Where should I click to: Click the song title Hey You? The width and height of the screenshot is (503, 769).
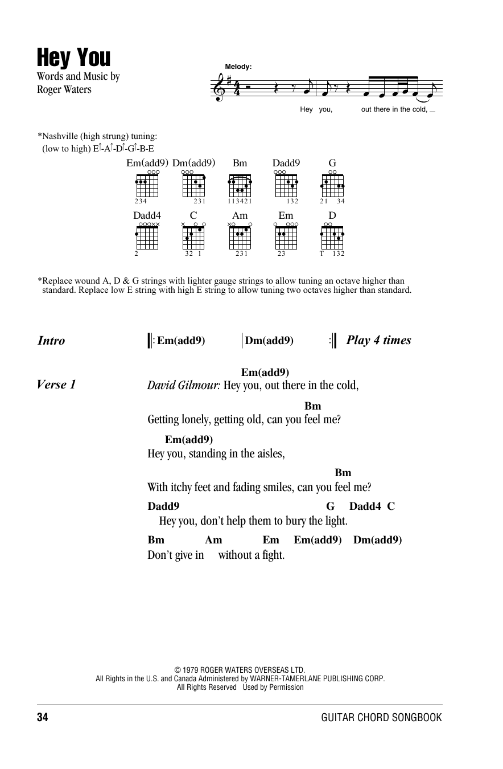click(x=74, y=58)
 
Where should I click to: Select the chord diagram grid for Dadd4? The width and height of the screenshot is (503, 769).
click(x=147, y=238)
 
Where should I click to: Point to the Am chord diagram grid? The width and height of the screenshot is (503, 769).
click(x=240, y=238)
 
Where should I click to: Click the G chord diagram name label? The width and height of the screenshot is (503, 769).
click(x=332, y=163)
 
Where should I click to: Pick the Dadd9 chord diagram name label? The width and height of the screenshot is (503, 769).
click(x=286, y=163)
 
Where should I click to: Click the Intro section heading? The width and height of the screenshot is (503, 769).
click(x=51, y=341)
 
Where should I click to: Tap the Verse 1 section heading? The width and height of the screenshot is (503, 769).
click(x=56, y=384)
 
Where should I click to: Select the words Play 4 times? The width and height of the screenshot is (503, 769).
click(x=378, y=341)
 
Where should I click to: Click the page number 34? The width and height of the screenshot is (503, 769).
click(x=43, y=718)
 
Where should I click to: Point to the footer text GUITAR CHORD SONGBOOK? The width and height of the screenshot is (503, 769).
click(x=381, y=718)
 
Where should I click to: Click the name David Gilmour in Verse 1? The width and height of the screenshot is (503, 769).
click(x=183, y=385)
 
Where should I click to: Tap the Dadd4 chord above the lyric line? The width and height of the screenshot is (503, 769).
click(x=365, y=506)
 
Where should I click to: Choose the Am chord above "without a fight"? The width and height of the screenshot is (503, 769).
click(x=213, y=540)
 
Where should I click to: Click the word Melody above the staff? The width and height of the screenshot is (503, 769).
click(x=238, y=67)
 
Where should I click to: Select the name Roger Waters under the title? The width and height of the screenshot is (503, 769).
click(x=64, y=89)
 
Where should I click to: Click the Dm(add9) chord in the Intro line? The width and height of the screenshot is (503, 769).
click(x=269, y=341)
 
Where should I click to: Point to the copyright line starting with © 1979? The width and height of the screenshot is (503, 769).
click(x=240, y=670)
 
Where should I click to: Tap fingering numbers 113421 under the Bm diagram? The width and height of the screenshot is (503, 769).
click(x=240, y=201)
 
